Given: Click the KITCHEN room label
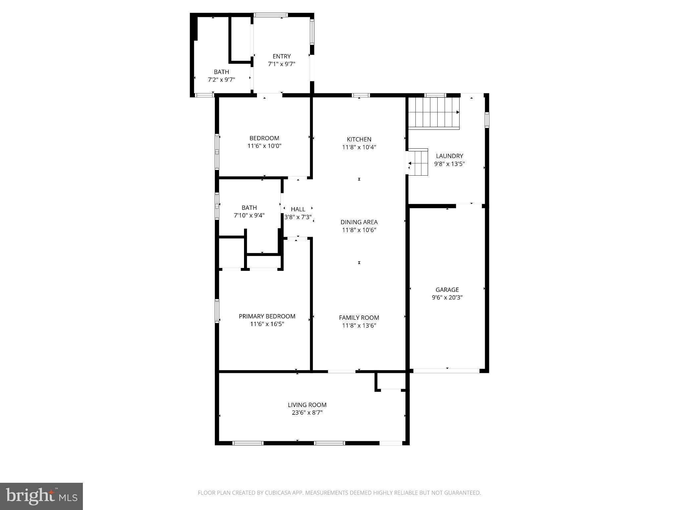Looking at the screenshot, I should coord(359,139).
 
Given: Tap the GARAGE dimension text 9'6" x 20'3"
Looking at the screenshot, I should coord(447,297).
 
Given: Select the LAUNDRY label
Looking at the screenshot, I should coord(449,156).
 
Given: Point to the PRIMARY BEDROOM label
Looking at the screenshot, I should coord(267,316).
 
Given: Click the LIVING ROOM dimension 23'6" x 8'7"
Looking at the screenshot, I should coord(307,413).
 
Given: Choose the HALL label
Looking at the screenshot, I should coord(298,209).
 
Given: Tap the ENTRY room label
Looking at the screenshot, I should coord(281,56).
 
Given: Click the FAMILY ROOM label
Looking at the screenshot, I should coord(359,317).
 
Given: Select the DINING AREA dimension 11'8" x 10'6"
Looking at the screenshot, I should coord(359,230).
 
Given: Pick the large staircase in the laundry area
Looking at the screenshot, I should coord(433,113).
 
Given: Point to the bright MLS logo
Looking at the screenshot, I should coord(41,496).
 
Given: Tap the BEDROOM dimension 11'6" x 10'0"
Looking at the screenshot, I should coord(264,146).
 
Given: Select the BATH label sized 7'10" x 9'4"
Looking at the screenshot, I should coord(249,208).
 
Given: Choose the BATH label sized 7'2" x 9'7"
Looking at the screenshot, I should coord(221,72).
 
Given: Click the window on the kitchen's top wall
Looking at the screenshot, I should coord(361,95).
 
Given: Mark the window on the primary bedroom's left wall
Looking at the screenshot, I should coord(217,311).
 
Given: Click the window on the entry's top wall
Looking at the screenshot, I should coord(271,15).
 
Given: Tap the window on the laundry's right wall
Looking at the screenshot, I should coord(487,120).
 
